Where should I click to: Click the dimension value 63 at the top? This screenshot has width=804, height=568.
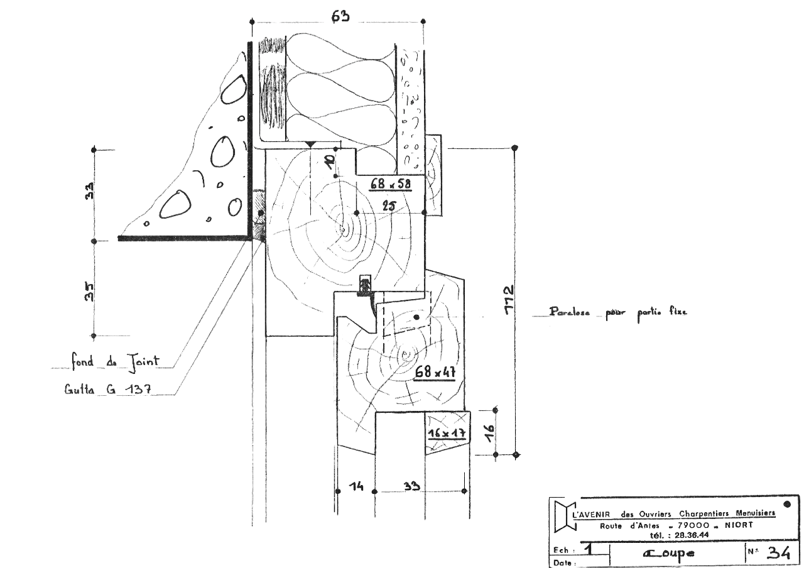pos(340,16)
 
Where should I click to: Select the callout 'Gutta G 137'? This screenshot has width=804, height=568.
pos(106,390)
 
